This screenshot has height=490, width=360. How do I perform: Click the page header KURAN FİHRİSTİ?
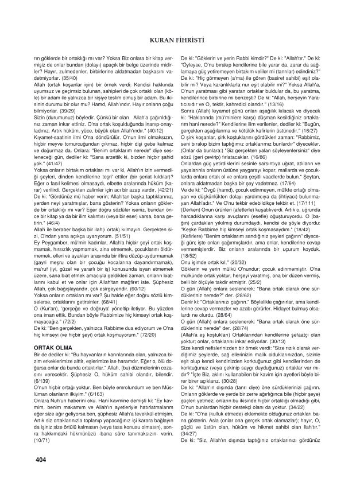click(180, 40)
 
